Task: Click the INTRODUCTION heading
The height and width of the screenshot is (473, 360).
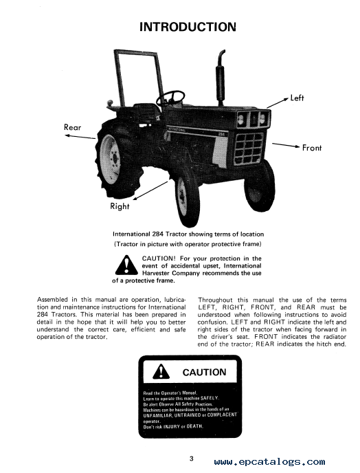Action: coord(188,27)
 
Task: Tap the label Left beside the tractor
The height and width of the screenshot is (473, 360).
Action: coord(297,98)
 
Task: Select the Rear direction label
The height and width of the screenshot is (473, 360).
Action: coord(72,127)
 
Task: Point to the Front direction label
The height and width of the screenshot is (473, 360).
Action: coord(312,148)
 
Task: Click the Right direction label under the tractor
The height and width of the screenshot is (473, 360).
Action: coord(120,206)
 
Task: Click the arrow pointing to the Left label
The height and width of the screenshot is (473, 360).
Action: coord(278,103)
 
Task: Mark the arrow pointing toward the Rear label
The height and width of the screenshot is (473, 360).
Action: coord(80,137)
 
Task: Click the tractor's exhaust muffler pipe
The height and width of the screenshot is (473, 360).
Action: coord(221,77)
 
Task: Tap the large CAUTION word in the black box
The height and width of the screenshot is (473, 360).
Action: coord(204,372)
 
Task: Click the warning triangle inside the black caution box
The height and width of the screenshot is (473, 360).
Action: coord(161,371)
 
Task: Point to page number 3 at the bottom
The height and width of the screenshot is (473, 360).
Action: coord(191,459)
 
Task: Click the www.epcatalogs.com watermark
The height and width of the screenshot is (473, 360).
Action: coord(269,461)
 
